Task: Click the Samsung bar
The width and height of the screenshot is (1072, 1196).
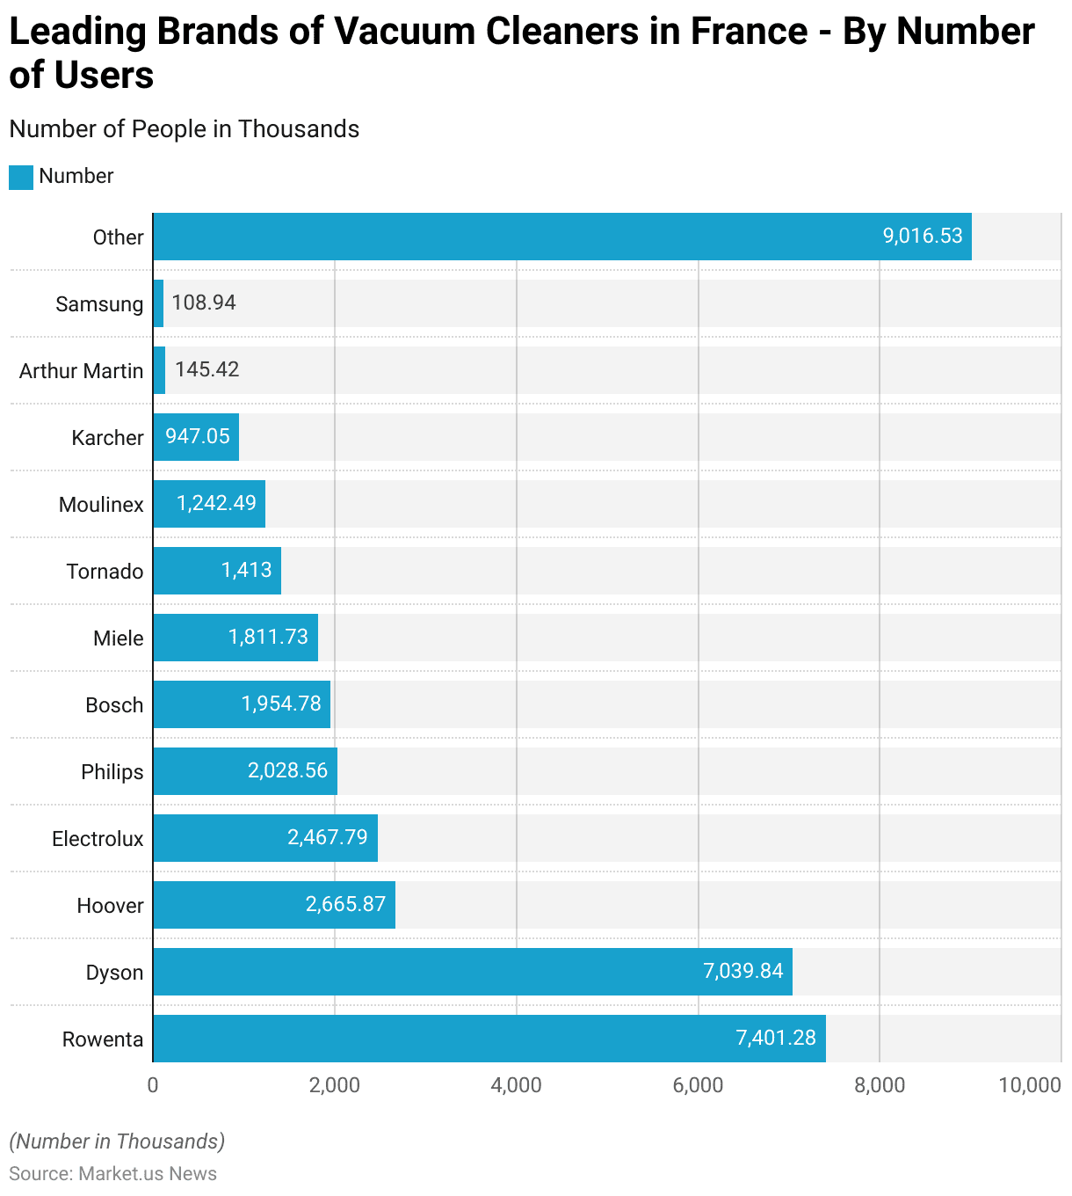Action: pos(158,303)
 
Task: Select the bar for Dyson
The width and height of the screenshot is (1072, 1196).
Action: pos(473,972)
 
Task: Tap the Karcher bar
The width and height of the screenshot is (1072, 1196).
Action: pos(196,437)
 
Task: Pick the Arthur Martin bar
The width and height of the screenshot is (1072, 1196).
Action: pos(159,370)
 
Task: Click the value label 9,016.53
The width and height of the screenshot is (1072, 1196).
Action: pos(923,236)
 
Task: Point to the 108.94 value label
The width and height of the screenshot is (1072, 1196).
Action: pos(204,303)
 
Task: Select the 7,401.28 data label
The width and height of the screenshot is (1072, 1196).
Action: pos(776,1038)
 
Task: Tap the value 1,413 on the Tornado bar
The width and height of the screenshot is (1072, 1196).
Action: pos(247,570)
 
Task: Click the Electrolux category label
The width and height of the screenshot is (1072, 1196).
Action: pos(98,839)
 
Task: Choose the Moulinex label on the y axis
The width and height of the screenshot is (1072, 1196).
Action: pos(101,505)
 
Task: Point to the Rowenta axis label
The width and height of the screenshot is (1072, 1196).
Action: pos(103,1039)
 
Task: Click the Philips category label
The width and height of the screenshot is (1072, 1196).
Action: pos(112,772)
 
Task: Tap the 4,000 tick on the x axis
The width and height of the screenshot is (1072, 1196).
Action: pos(517,1085)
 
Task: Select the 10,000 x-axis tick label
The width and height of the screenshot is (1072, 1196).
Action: pos(1030,1085)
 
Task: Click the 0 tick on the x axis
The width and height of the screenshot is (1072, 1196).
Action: pos(153,1085)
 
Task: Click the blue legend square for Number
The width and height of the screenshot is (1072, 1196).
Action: pos(21,177)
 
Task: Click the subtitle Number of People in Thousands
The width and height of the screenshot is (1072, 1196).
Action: pos(185,129)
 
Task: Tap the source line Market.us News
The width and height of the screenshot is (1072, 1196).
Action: pos(113,1174)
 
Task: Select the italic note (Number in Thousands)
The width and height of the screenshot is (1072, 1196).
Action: pos(117,1141)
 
